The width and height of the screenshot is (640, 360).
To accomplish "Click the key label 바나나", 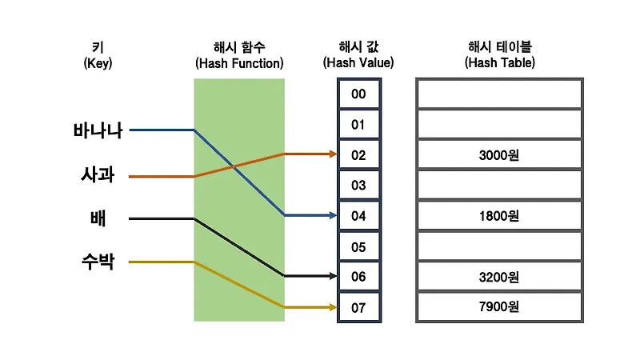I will pos(98,130).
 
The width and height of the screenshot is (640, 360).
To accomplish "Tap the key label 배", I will pos(98,218).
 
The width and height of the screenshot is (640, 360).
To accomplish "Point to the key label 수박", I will pos(98,262).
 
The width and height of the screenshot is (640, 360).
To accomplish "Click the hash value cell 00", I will pos(358,94).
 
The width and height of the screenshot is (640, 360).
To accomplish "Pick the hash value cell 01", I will pos(358,125).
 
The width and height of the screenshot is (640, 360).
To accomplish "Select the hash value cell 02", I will pos(358,155).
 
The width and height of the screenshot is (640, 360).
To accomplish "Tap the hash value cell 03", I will pos(358,186).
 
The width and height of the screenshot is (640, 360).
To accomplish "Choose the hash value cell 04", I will pos(358,216).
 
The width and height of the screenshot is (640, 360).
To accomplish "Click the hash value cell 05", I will pos(358,246).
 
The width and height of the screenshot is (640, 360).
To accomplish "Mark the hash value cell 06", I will pos(358,277).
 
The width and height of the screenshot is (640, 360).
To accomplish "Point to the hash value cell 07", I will pos(358,307).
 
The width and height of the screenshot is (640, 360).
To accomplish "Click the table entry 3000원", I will pos(498,155).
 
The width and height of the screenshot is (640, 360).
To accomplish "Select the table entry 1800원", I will pos(498,216).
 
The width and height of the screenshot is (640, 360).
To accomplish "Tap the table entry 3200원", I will pos(498,277).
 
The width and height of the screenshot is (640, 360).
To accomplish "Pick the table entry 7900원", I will pos(498,307).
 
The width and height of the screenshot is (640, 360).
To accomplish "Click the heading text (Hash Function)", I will pos(239,62).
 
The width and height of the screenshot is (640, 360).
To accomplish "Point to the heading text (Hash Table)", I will pos(498,62).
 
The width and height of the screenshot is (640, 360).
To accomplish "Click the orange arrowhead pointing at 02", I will pos(332,154).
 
